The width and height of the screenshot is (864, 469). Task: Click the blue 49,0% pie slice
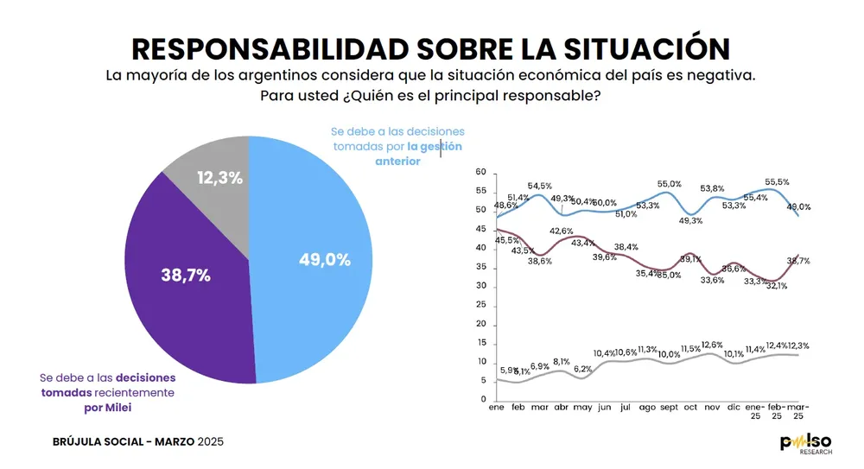pos(320,259)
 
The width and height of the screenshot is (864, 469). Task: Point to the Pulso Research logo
pos(807,444)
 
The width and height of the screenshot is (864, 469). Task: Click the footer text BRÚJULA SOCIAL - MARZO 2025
pos(138,442)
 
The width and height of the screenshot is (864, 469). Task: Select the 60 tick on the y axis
pos(481,173)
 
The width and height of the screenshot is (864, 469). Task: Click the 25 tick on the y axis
pos(481,305)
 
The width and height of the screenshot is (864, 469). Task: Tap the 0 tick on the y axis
pos(484,400)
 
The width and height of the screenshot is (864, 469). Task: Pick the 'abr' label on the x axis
pos(562,407)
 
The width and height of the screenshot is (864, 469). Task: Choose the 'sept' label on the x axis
pos(669,407)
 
